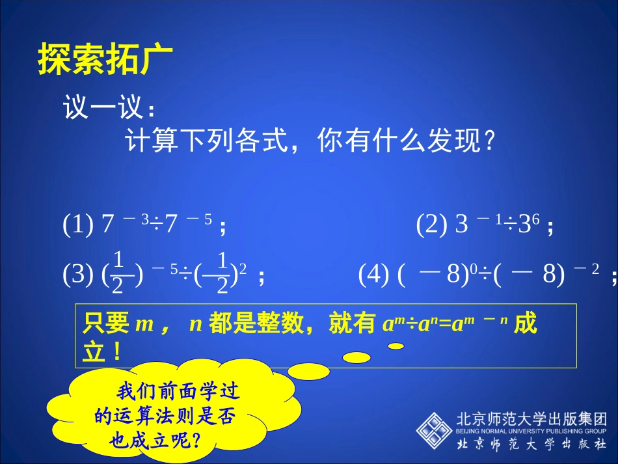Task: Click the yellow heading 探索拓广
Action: click(x=105, y=59)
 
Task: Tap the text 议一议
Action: click(x=102, y=107)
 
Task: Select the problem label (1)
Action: click(x=78, y=225)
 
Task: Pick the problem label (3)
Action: click(x=78, y=276)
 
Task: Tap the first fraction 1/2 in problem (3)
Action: click(x=118, y=274)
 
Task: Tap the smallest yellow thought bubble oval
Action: click(x=396, y=346)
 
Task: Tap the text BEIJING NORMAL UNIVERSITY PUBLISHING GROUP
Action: click(x=531, y=431)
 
